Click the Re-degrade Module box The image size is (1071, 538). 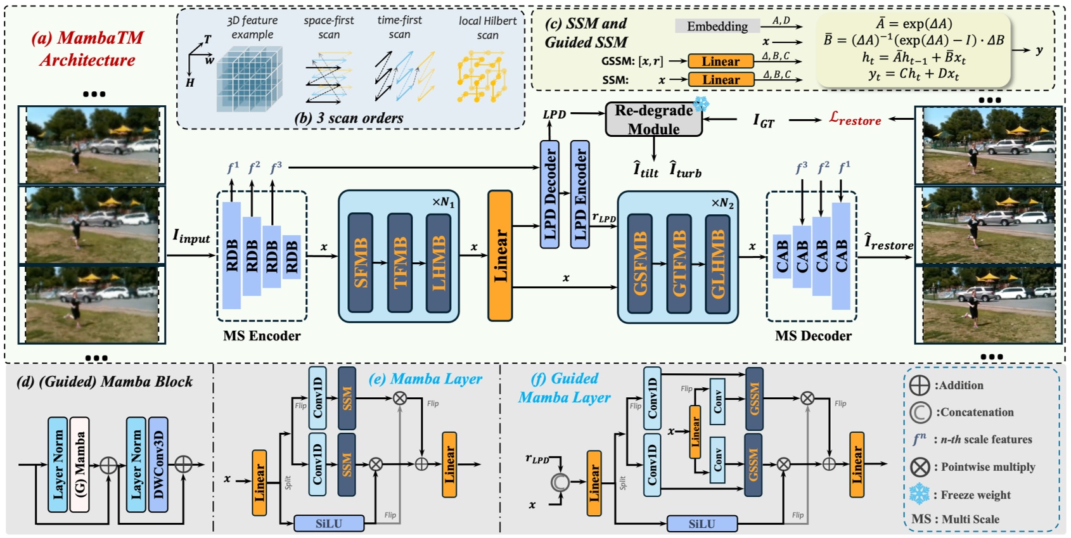[653, 119]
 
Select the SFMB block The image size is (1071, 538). [360, 262]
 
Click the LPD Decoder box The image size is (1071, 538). [549, 194]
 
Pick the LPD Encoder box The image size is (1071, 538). [580, 194]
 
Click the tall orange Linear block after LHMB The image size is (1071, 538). [500, 255]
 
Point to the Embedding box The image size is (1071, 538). [717, 26]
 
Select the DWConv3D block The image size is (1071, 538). [158, 464]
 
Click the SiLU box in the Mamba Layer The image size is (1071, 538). [329, 523]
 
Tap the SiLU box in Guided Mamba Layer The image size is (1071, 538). [702, 523]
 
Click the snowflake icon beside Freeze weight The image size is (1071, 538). [919, 494]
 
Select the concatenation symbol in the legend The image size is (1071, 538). [920, 413]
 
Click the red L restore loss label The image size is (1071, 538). [855, 118]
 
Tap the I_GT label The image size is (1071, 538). [763, 120]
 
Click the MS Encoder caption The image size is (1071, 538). [262, 336]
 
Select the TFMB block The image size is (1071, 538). [400, 262]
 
